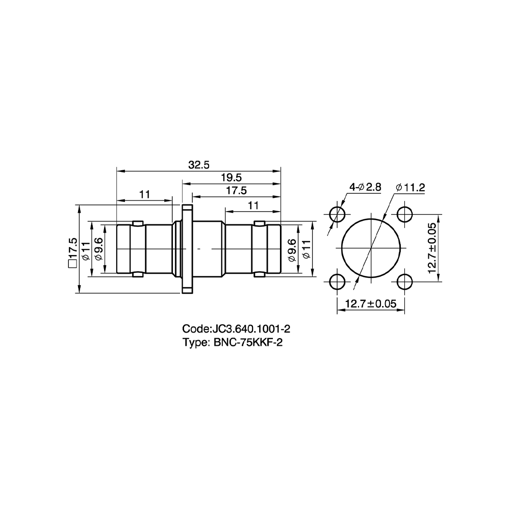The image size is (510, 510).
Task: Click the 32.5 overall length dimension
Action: [199, 165]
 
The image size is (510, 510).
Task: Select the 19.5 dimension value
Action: [232, 177]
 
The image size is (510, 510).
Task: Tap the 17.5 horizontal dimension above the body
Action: [237, 191]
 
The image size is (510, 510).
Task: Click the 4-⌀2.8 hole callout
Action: [365, 187]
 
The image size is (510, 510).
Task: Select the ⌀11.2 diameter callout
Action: [411, 187]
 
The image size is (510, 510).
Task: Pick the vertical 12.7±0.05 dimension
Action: [432, 248]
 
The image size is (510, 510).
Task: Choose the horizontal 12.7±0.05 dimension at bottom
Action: [370, 304]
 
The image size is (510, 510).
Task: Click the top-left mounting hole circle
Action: [337, 214]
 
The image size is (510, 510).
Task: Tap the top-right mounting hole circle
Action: [404, 214]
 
